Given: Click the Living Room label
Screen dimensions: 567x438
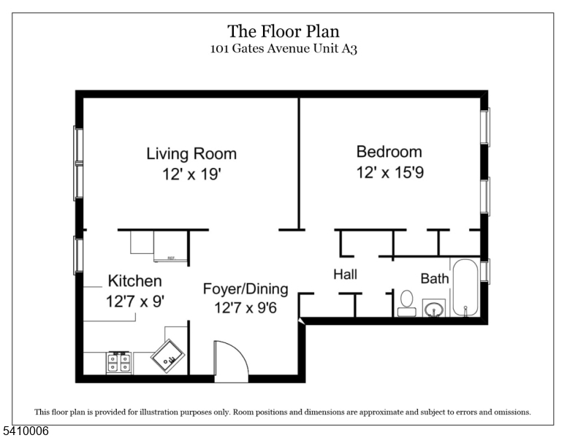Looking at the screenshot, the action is tap(191, 153).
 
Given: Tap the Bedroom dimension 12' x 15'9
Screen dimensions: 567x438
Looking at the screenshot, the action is tap(390, 172).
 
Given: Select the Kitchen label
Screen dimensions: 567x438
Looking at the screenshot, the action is tap(135, 281).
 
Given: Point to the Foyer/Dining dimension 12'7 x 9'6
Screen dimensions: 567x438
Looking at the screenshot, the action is tap(246, 308).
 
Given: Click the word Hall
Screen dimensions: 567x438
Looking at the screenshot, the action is tap(346, 274).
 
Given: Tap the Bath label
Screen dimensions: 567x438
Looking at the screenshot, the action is tap(435, 279).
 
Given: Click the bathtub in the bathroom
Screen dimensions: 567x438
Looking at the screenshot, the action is tap(465, 288).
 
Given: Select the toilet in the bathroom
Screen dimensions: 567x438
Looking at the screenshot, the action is tap(407, 303).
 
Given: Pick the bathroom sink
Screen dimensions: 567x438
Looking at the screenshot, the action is tap(434, 309).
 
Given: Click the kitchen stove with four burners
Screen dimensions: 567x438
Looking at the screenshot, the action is tap(118, 363).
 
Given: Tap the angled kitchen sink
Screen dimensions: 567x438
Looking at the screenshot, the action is tap(167, 356).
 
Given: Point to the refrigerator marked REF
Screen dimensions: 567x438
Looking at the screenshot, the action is tap(171, 246).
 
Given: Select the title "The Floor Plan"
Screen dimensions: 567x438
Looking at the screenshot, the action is tap(283, 31).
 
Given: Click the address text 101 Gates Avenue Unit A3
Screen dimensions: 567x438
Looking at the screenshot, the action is tap(283, 48).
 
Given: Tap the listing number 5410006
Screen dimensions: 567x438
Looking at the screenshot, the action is tap(26, 431).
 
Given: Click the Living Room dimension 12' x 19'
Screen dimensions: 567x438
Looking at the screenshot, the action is tap(191, 174).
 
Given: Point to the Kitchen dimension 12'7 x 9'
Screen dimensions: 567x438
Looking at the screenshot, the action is tap(135, 301).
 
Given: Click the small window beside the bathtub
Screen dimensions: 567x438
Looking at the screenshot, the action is tap(485, 271).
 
